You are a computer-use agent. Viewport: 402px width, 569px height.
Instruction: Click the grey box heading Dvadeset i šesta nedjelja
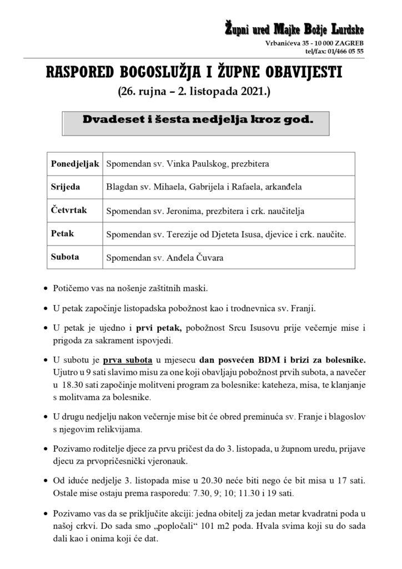pos(198,119)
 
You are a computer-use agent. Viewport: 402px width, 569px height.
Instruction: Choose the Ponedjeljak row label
pos(74,164)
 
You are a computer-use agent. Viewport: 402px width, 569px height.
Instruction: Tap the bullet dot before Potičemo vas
pos(45,289)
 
